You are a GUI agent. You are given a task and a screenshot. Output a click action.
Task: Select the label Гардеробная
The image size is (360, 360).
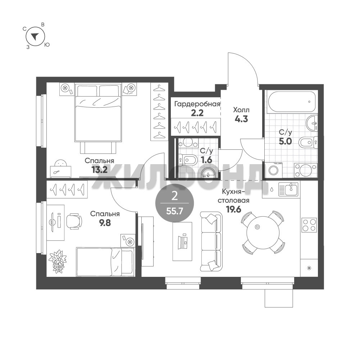[x=197, y=104]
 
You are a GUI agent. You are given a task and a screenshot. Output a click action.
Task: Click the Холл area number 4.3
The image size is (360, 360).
[x=241, y=119]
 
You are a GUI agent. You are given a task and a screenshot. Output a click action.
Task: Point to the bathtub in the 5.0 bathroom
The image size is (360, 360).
[x=291, y=102]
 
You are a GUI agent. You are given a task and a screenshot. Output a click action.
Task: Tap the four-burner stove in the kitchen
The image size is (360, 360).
[x=309, y=225]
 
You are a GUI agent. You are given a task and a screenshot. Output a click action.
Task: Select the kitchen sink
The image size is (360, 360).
[x=288, y=189]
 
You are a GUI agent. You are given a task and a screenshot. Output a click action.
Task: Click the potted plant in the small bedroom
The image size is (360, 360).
[x=58, y=262]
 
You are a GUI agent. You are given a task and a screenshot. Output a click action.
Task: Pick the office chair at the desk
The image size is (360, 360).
[x=74, y=221]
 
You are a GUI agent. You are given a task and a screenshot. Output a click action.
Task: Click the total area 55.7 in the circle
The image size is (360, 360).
[x=174, y=211]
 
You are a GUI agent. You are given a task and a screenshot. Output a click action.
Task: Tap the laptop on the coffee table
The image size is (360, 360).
[x=182, y=241]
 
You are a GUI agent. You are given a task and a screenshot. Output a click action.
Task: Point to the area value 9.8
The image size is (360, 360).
[x=105, y=223]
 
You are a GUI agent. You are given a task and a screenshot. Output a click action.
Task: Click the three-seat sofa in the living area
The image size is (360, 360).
[x=211, y=242]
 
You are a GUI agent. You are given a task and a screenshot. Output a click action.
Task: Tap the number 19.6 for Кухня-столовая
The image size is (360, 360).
[x=233, y=210]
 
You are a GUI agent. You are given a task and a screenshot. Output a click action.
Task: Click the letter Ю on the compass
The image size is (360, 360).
[x=47, y=45]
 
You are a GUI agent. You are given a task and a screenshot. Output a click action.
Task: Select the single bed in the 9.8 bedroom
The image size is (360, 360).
[x=105, y=262]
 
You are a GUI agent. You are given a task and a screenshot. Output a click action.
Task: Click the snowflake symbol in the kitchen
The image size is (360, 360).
[x=309, y=268]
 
